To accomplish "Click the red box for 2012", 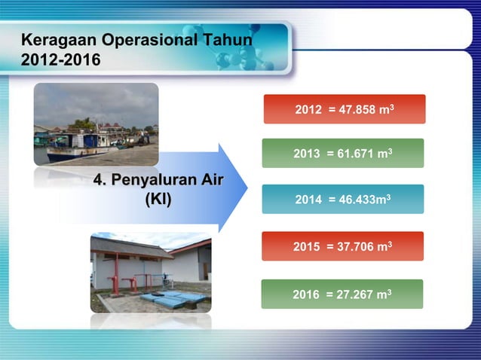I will pos(345,109).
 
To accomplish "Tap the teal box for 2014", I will pos(343,200).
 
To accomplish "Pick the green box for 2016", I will pos(342,294).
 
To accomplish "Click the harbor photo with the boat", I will pos(96,124).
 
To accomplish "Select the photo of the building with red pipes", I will pos(151,272).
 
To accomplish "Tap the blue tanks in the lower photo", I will pos(173,299).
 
